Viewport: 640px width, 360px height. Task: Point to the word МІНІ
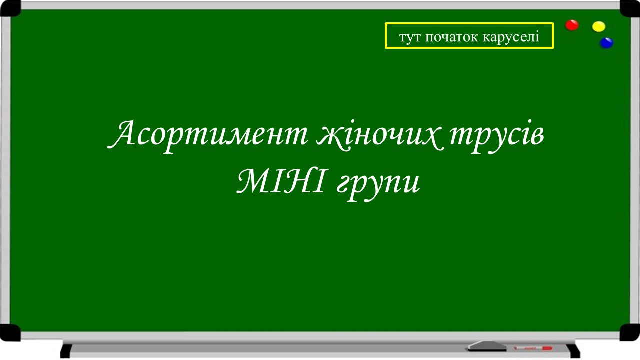point(281,183)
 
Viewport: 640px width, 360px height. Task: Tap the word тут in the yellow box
point(410,37)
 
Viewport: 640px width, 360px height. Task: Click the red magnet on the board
point(572,25)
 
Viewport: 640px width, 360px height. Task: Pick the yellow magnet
point(598,26)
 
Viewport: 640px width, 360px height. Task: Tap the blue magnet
point(606,43)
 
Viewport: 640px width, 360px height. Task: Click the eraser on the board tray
point(483,345)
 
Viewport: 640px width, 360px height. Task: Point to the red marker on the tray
point(533,347)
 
